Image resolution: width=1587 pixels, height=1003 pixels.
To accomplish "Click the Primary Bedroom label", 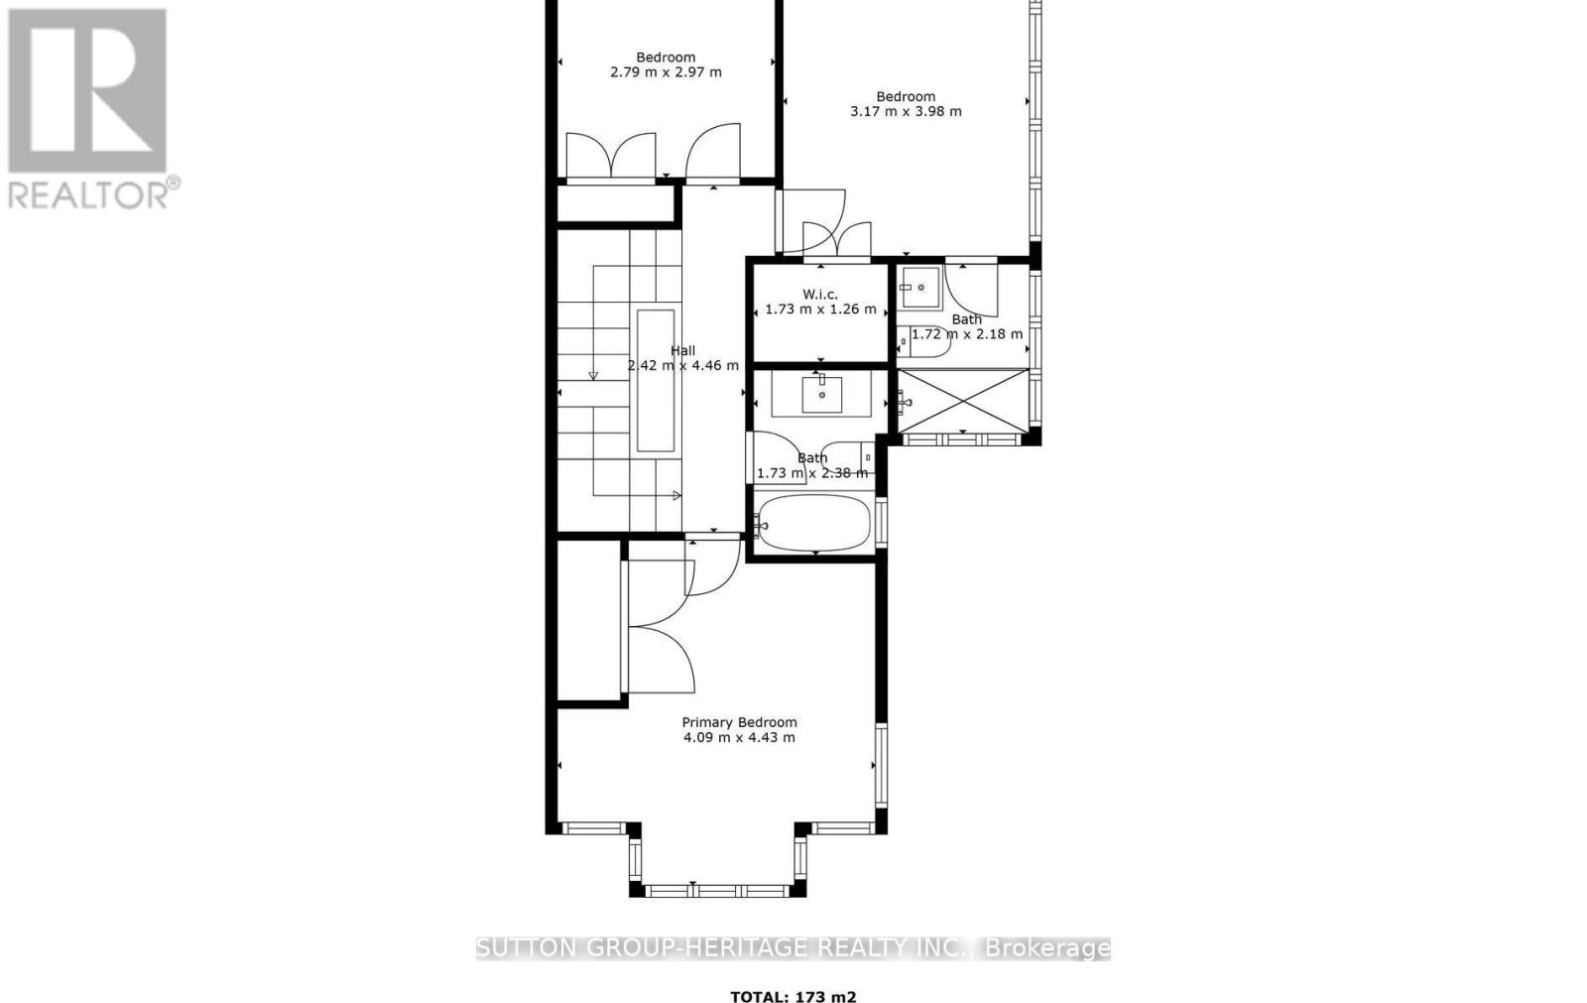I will click(739, 722).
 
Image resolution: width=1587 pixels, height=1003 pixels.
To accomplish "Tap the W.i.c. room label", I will click(820, 294).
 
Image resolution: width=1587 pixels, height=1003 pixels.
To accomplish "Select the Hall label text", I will click(682, 350).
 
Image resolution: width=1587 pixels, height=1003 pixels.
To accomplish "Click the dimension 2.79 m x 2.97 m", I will click(665, 72).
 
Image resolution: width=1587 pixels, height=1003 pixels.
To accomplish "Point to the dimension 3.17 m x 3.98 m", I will click(905, 111).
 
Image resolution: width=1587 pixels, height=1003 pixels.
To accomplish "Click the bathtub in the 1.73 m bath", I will click(812, 523).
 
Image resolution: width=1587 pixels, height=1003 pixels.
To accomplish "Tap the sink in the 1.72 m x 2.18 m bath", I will click(919, 288).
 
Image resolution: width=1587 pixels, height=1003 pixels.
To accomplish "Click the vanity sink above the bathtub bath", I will click(821, 394).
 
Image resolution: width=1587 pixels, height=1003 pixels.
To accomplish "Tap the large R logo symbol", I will click(87, 90).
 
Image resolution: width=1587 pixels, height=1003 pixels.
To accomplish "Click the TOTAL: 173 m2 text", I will click(793, 997).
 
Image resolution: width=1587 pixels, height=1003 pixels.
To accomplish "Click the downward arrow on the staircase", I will click(593, 374).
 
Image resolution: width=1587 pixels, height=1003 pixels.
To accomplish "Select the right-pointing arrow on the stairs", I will click(675, 494).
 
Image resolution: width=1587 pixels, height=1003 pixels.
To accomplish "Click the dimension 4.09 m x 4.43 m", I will click(739, 737).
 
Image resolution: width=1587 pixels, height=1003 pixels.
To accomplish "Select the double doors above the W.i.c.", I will click(821, 238).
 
